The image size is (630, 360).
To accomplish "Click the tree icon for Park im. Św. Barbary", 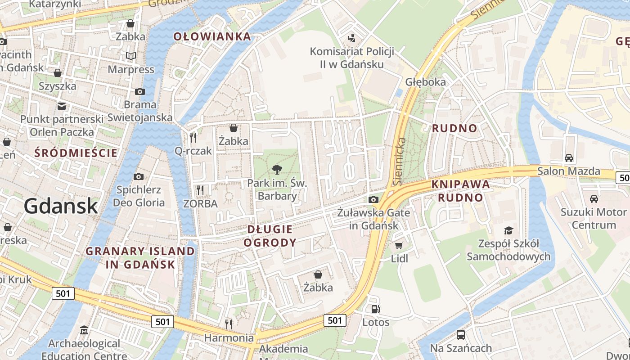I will pyautogui.click(x=277, y=170).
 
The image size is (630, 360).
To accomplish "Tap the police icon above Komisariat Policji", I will pyautogui.click(x=351, y=38).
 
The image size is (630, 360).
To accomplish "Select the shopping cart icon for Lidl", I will pyautogui.click(x=399, y=245).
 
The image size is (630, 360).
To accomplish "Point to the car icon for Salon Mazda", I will pyautogui.click(x=569, y=158).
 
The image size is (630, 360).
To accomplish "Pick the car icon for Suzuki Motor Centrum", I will pyautogui.click(x=594, y=198).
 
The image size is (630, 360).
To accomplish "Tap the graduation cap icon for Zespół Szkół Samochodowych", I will pyautogui.click(x=508, y=230).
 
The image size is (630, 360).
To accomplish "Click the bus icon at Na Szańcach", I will pyautogui.click(x=460, y=335).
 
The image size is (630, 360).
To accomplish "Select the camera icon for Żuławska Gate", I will pyautogui.click(x=373, y=199).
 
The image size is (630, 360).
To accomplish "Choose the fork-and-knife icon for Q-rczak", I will pyautogui.click(x=193, y=137).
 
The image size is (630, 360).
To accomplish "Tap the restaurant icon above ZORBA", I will pyautogui.click(x=200, y=190).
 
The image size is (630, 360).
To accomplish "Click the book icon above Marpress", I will pyautogui.click(x=131, y=56).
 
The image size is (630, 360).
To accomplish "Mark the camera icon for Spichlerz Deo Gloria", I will pyautogui.click(x=139, y=176).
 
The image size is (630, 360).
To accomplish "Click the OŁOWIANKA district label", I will pyautogui.click(x=212, y=37).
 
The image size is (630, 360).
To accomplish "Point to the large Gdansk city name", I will pyautogui.click(x=61, y=206).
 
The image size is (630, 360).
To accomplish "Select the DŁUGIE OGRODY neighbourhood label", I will pyautogui.click(x=270, y=236).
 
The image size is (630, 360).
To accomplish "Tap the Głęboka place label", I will pyautogui.click(x=425, y=82).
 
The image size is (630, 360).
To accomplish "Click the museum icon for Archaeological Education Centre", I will pyautogui.click(x=84, y=331).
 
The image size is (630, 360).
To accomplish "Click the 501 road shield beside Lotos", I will pyautogui.click(x=335, y=320).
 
